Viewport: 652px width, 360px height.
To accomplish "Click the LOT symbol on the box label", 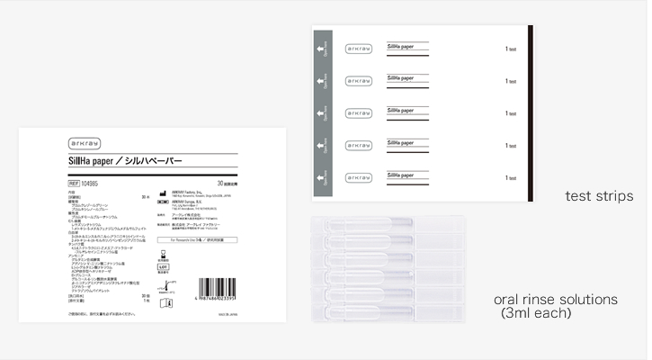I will (x=164, y=266).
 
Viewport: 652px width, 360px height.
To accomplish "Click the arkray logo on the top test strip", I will (x=358, y=49).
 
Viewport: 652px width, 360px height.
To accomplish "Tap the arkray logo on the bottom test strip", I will (x=358, y=177).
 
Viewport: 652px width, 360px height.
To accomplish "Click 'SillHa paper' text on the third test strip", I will (x=402, y=110).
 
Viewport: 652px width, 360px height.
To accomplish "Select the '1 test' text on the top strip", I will (x=510, y=49).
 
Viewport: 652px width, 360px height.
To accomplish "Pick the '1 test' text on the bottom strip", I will (x=510, y=177).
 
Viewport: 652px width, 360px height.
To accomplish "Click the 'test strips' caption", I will (x=598, y=195).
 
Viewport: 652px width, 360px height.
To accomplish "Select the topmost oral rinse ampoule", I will (x=387, y=229).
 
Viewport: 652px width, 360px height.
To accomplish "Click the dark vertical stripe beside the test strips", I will (x=530, y=112).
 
